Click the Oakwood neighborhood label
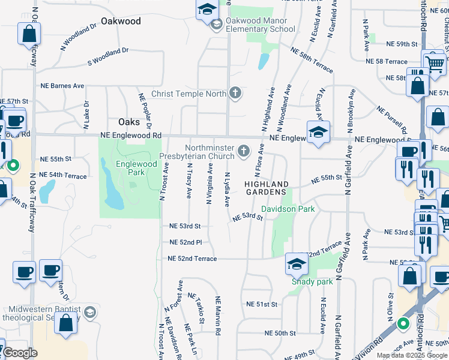pos(121,21)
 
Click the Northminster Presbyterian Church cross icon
pos(244,151)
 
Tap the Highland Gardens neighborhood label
pos(267,187)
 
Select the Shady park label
pos(312,281)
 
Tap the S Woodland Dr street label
pos(108,62)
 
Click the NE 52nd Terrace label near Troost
pos(192,259)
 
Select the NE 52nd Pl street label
pos(185,242)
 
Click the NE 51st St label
pos(262,304)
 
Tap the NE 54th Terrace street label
pos(63,175)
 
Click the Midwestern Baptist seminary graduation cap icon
pos(89,312)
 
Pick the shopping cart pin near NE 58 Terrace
pos(435,62)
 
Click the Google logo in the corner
pos(20,353)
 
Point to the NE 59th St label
pos(402,44)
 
